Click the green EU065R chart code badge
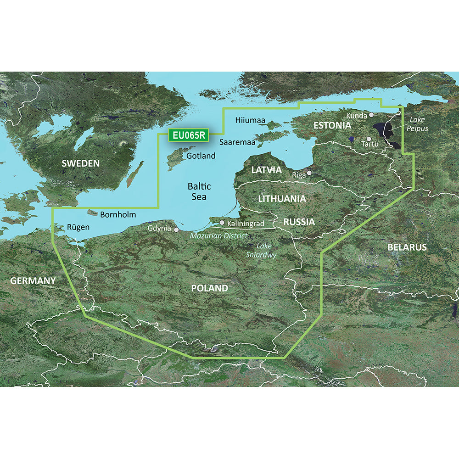189,135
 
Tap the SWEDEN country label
80,163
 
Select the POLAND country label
209,288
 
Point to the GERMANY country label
33,280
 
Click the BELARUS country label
407,247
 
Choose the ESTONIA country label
332,125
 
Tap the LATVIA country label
266,170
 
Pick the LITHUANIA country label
282,199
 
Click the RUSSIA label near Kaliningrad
299,222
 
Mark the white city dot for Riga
309,173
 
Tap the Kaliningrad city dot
222,223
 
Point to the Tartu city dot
369,138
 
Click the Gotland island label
201,156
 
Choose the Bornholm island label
118,214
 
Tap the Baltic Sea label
199,191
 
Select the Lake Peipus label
417,124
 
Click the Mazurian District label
218,235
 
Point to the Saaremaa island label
237,142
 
